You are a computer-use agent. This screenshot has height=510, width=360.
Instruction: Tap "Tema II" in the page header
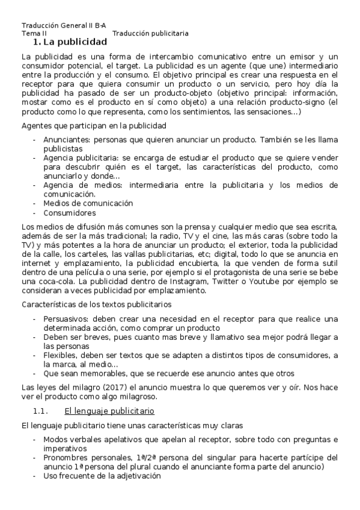[x=34, y=34]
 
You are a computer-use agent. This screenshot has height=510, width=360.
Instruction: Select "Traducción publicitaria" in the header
[x=150, y=34]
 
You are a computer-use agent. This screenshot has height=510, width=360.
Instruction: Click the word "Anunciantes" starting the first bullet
[x=65, y=139]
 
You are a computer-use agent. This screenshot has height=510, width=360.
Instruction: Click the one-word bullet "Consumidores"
[x=70, y=213]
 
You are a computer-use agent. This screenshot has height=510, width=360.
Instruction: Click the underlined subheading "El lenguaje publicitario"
[x=109, y=411]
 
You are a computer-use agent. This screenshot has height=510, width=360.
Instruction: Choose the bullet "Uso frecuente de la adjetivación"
[x=102, y=475]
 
